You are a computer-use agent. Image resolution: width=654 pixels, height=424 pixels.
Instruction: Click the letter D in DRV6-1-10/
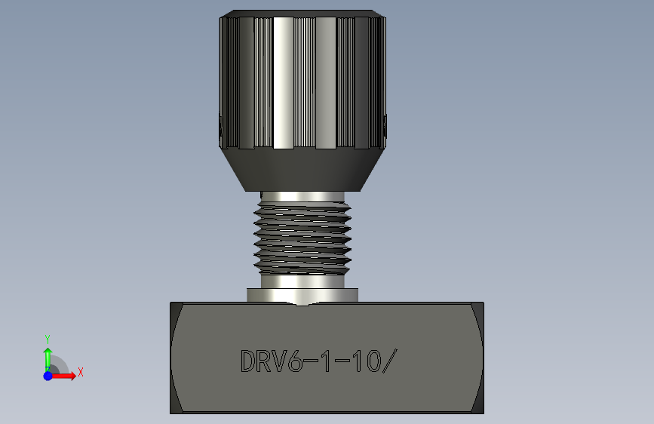coord(247,361)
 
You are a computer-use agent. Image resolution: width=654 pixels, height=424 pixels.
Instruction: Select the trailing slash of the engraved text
coord(390,361)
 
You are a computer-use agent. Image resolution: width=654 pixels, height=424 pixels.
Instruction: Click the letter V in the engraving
coord(280,361)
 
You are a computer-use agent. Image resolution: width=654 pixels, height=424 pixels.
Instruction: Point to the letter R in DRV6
coord(263,361)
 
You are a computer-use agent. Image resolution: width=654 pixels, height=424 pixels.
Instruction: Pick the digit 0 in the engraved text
coord(373,361)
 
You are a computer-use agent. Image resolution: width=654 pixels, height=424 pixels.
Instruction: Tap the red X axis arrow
coord(63,376)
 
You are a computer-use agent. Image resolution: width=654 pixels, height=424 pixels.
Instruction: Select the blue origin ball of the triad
coord(48,376)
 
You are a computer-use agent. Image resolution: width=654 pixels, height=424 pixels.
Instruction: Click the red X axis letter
coord(81,372)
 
